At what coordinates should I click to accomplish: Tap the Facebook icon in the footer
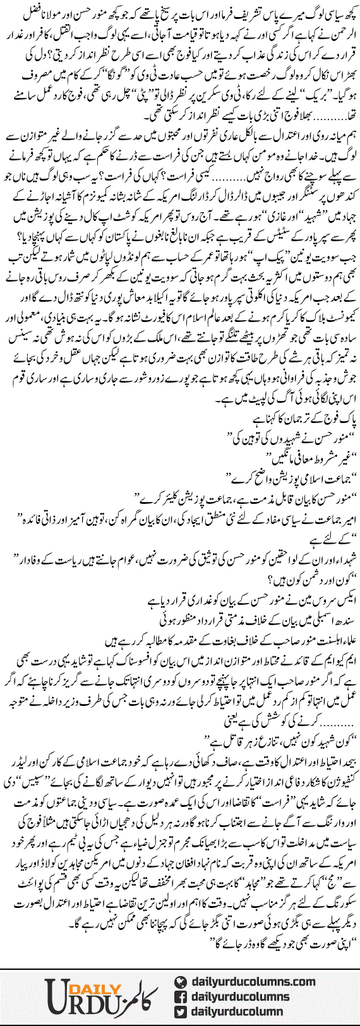pos(181,997)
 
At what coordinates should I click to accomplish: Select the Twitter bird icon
pos(181,1012)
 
